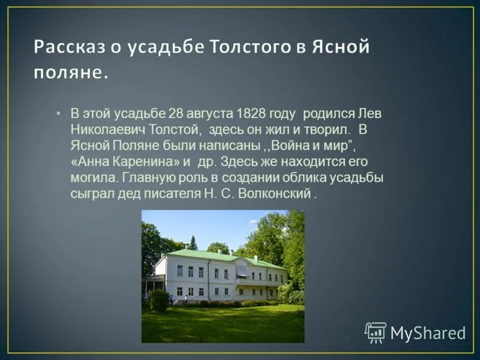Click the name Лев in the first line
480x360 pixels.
[369, 113]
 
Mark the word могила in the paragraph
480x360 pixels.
[93, 178]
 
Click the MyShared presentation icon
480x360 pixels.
[376, 332]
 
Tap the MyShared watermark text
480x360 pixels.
[428, 333]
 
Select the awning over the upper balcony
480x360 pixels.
[242, 271]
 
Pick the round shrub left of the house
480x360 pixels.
[160, 301]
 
